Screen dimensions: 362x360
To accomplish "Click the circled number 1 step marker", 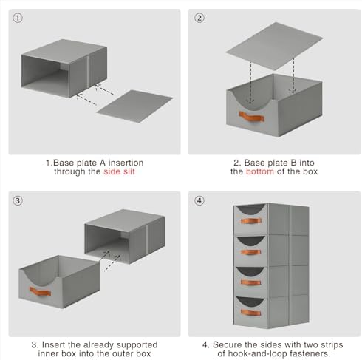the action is tap(18, 18).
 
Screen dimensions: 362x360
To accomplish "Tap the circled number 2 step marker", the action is tap(199, 18).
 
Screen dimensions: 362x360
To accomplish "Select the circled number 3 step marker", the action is tap(18, 200).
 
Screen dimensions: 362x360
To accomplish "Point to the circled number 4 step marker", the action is tap(199, 200).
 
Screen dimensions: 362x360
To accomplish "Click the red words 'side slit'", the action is tap(119, 171).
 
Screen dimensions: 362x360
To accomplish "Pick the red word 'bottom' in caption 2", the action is tap(260, 171).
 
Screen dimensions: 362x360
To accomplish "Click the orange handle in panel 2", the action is tap(251, 117).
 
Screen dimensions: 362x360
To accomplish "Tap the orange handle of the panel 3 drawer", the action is tap(40, 291).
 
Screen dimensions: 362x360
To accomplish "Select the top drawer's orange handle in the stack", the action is tap(250, 221).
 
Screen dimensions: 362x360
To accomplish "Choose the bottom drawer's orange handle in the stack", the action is tap(250, 313).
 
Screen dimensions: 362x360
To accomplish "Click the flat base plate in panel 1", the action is tap(134, 106).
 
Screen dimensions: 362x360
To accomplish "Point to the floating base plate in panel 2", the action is tap(274, 46).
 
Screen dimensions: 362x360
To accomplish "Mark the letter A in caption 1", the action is tap(103, 163).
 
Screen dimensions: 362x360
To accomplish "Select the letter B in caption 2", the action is tap(293, 163).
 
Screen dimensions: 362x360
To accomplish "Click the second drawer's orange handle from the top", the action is tap(250, 252).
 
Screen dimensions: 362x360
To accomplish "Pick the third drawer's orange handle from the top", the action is tap(250, 282).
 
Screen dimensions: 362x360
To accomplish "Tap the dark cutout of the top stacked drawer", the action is tap(251, 208).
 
